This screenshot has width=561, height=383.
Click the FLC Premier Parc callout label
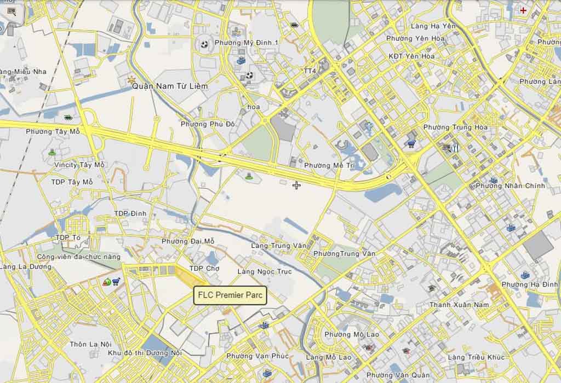click(230, 295)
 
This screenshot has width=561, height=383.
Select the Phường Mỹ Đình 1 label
click(247, 43)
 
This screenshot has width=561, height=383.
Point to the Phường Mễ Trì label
click(325, 165)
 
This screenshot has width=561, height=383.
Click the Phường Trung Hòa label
click(455, 127)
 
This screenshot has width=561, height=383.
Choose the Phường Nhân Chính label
click(510, 186)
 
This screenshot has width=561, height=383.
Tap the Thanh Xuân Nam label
click(459, 305)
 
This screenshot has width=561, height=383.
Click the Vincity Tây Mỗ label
click(79, 165)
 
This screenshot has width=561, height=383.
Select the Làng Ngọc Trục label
click(265, 271)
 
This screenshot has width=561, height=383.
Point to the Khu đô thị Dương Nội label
click(145, 353)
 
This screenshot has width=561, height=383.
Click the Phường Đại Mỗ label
click(188, 241)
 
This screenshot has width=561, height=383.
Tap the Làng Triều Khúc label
click(476, 357)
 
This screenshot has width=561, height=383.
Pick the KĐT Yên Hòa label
click(411, 56)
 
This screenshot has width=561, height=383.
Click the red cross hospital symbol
click(524, 10)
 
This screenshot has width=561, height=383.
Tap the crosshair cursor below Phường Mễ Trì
click(296, 185)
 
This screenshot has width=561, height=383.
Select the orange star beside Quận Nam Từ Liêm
click(131, 80)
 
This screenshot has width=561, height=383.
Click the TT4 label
click(310, 71)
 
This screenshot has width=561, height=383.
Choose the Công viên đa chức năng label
click(78, 257)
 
